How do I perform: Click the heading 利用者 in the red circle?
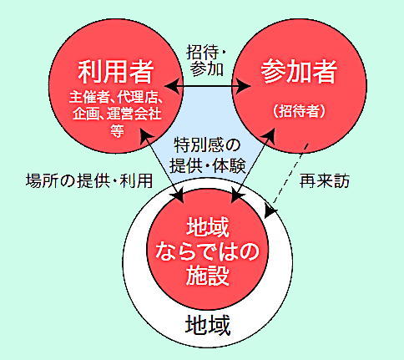click(116, 72)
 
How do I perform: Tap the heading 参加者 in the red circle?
click(299, 71)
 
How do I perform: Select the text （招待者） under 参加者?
click(299, 111)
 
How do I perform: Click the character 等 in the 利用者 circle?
click(117, 130)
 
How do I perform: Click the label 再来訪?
click(325, 181)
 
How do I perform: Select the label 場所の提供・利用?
click(89, 180)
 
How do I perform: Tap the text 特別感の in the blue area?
click(207, 145)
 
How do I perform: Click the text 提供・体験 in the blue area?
click(208, 166)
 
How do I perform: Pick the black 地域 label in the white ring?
click(208, 325)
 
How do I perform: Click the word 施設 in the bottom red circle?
click(208, 276)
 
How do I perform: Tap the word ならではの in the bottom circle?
click(207, 251)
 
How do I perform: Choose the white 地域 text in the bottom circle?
click(208, 227)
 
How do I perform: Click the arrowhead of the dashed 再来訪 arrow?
click(270, 212)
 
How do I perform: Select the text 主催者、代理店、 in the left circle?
click(116, 98)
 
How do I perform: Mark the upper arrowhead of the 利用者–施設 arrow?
click(146, 136)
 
